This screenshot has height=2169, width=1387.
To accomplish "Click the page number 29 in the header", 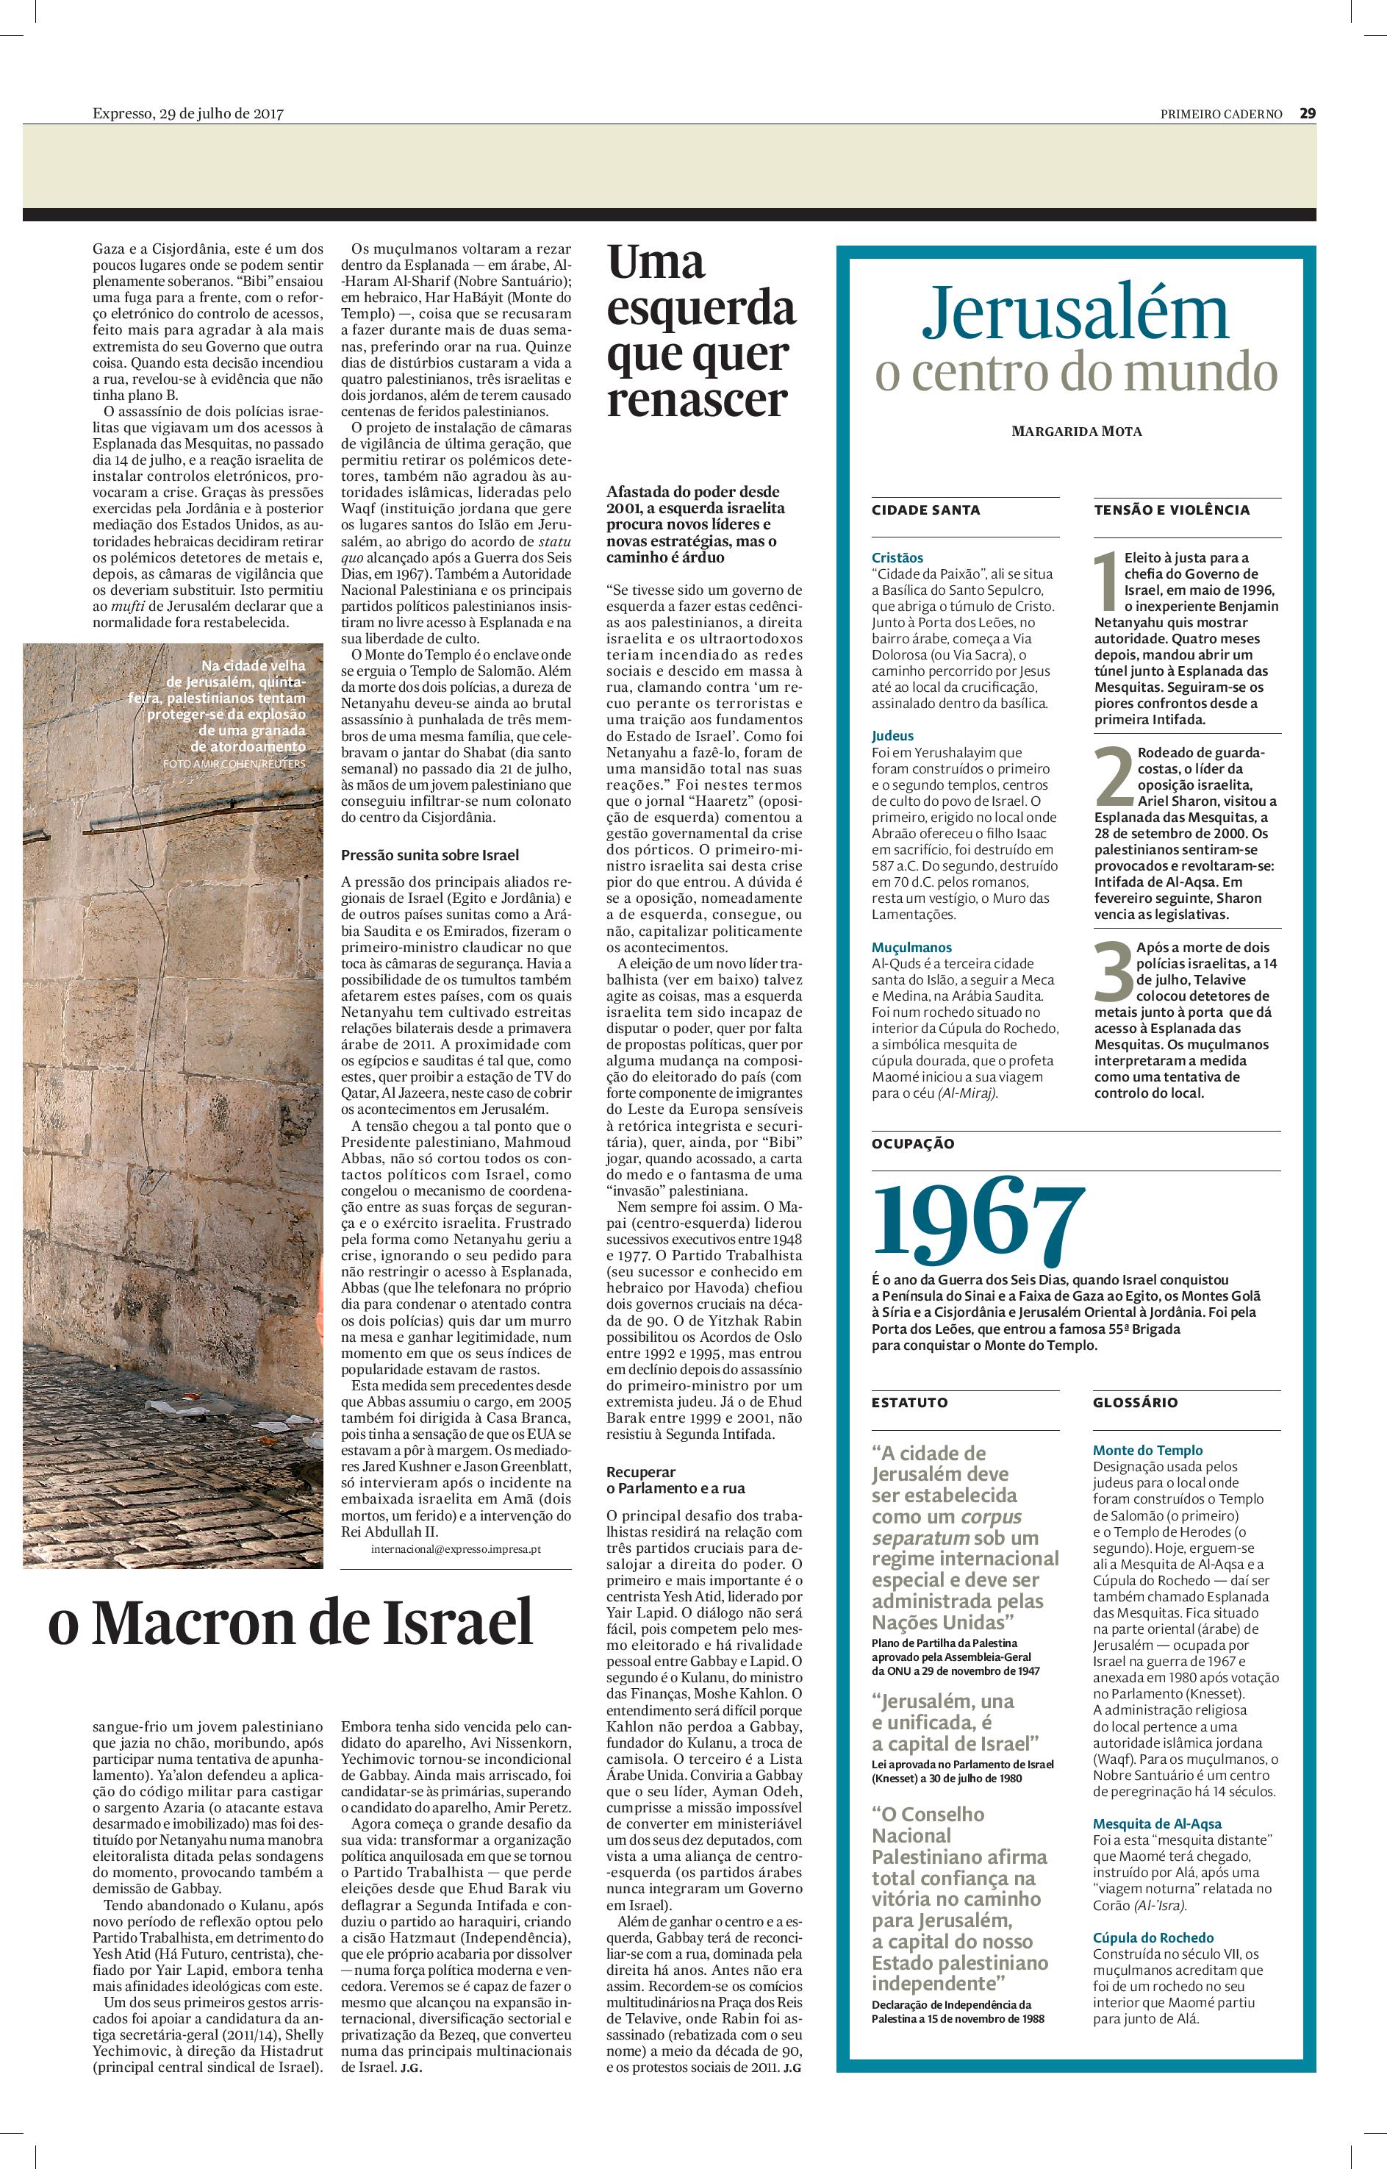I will [x=1307, y=113].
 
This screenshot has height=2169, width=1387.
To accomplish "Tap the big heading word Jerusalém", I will [x=1075, y=312].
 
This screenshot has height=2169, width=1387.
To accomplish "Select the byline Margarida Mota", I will [x=1076, y=432].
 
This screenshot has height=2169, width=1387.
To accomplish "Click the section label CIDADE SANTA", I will [x=912, y=510].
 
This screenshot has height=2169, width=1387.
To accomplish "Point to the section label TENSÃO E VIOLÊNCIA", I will [x=1172, y=510].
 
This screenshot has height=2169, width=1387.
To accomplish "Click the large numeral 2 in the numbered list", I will [x=1114, y=776].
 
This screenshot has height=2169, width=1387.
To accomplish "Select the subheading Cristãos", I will [x=897, y=557].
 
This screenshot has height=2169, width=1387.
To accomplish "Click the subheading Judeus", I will [x=892, y=736].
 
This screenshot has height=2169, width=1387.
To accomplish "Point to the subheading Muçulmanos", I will [x=911, y=948].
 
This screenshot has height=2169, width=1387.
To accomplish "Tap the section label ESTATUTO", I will [x=910, y=1402].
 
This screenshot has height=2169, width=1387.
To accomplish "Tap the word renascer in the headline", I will [x=696, y=399].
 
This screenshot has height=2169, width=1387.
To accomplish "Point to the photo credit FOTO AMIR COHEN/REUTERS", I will [x=234, y=763].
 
